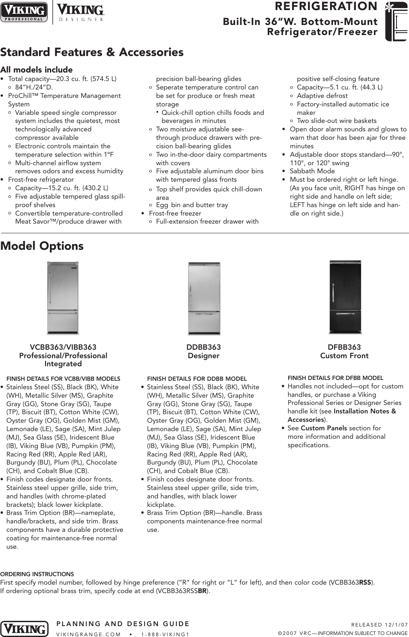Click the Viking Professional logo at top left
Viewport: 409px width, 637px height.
(x=24, y=12)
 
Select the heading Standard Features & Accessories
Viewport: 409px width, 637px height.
(x=92, y=52)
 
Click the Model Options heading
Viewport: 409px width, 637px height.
(x=42, y=246)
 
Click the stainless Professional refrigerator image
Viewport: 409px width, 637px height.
(x=63, y=298)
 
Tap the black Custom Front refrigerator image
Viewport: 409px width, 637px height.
(x=345, y=297)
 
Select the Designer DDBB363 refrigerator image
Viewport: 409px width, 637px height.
(x=204, y=298)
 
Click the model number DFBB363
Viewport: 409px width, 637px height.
(x=344, y=347)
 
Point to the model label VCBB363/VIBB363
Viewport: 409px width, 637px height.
(x=63, y=347)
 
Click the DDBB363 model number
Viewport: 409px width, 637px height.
(x=204, y=347)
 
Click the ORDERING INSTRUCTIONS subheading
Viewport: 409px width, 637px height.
(x=37, y=574)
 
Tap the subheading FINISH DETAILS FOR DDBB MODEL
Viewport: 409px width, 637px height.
(x=197, y=379)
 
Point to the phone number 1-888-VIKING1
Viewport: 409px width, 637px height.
(x=165, y=634)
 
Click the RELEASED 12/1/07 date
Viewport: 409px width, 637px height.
(x=379, y=625)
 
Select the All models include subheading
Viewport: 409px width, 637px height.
(x=36, y=70)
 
